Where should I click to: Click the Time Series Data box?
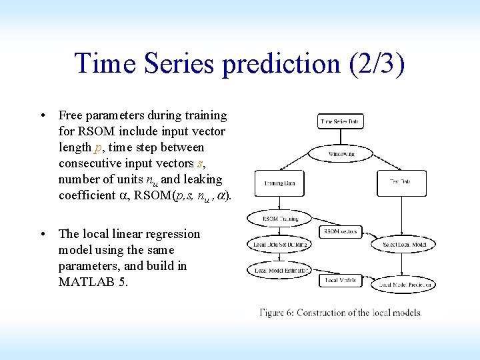(341, 122)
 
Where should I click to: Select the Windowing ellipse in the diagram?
(341, 154)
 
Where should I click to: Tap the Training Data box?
(279, 183)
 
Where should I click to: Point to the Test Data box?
(402, 183)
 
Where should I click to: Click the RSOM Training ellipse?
(279, 219)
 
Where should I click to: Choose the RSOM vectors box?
(341, 232)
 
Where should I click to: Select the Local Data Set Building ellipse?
(279, 245)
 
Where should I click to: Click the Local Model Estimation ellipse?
(279, 270)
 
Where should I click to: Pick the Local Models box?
(341, 281)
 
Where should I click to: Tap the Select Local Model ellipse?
(403, 245)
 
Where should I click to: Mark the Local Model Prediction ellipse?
(403, 285)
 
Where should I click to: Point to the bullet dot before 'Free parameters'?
(42, 116)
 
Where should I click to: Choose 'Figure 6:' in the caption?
(277, 313)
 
